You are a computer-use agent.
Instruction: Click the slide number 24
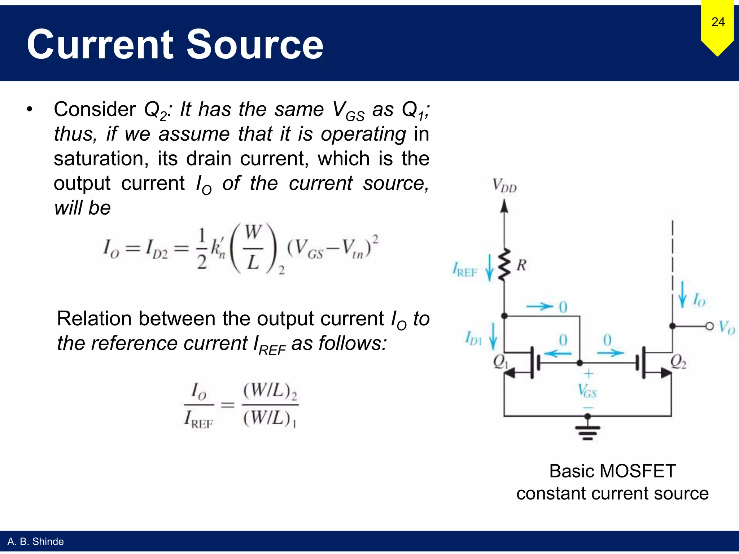click(x=718, y=22)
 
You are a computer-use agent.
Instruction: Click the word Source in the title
click(x=255, y=45)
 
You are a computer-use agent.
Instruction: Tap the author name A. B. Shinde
click(x=35, y=542)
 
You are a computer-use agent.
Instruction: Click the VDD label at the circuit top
click(x=504, y=186)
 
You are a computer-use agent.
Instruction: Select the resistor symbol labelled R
click(x=504, y=264)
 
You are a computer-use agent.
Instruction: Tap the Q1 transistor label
click(x=500, y=361)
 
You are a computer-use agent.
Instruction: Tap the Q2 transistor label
click(x=678, y=361)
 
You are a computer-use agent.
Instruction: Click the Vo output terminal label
click(x=726, y=327)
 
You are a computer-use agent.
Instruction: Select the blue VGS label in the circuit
click(x=587, y=391)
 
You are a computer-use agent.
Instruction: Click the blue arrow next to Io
click(x=682, y=294)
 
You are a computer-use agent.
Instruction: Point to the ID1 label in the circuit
click(x=473, y=339)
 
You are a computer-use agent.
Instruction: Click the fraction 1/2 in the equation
click(x=202, y=249)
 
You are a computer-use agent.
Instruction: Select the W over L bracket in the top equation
click(x=253, y=248)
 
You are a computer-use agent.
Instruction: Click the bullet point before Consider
click(x=30, y=109)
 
